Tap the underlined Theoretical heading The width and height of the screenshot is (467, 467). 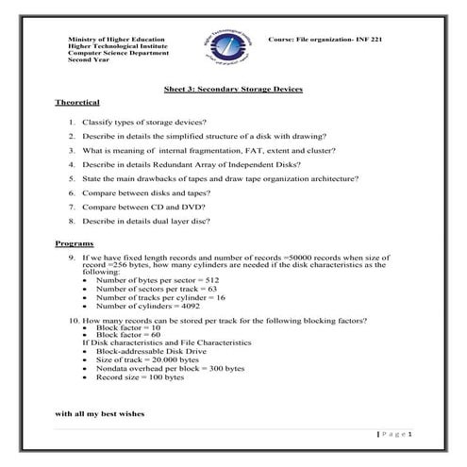click(x=77, y=101)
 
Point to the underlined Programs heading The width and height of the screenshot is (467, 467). click(x=75, y=243)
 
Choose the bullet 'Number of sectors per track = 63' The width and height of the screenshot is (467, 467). click(x=156, y=289)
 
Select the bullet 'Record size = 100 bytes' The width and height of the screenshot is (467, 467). click(x=140, y=376)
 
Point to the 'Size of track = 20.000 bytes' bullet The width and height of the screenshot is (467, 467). click(x=148, y=359)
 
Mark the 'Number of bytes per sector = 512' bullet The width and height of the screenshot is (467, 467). click(x=158, y=280)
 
